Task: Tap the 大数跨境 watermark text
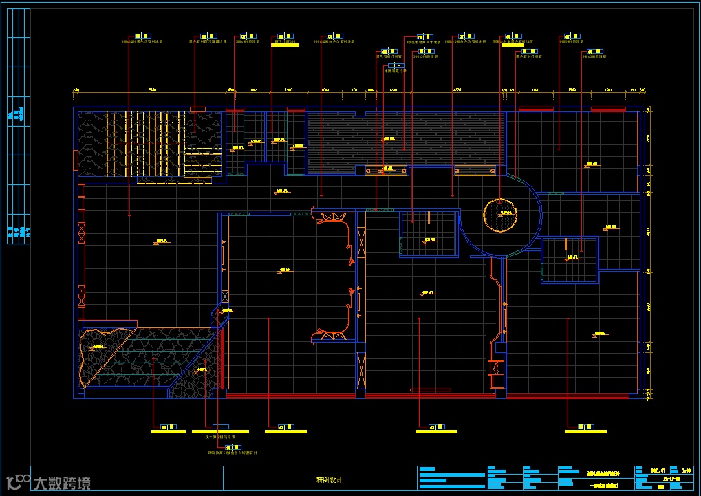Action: coord(62,484)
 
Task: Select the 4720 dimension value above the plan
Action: coord(456,90)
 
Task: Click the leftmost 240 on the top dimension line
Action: coord(76,90)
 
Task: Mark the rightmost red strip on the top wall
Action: coord(608,109)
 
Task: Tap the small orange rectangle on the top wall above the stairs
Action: coord(197,109)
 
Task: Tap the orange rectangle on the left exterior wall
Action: coord(74,160)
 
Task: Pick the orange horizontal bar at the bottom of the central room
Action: coord(430,390)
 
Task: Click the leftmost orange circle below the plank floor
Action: coord(369,171)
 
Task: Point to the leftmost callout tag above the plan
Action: coord(144,36)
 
